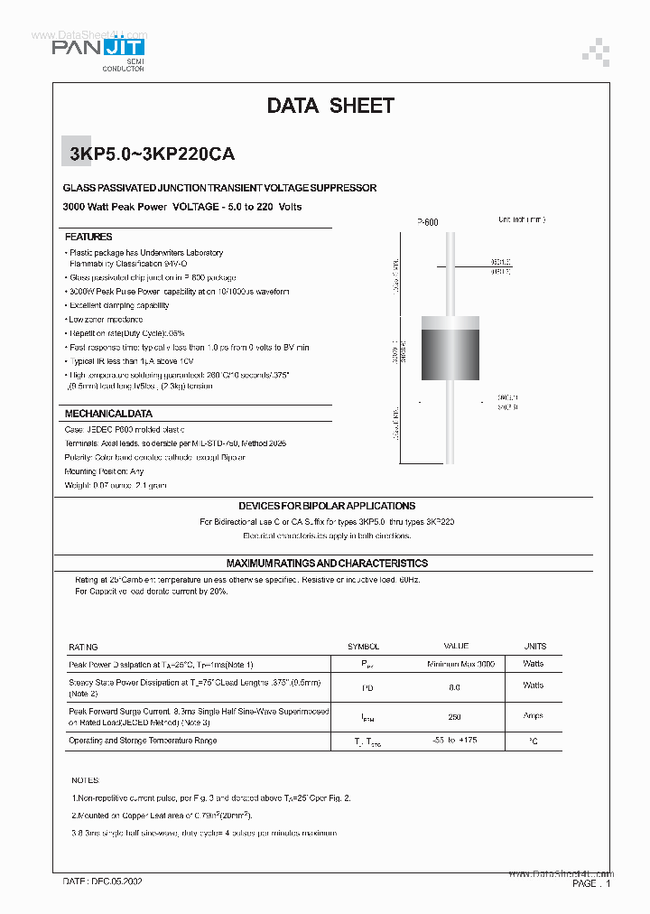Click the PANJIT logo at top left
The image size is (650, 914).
99,50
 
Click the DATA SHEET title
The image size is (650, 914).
330,106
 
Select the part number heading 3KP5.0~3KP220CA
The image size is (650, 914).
152,154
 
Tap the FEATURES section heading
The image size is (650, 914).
88,237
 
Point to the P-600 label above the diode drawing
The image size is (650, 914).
427,221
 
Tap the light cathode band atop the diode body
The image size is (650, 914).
449,324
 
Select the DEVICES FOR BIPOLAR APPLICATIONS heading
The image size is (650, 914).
327,506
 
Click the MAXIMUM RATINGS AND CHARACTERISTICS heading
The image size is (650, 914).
327,563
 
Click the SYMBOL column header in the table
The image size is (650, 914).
364,647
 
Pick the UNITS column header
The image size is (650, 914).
534,647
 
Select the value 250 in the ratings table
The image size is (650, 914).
454,716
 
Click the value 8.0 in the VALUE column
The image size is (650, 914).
454,687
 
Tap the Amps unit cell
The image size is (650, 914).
534,716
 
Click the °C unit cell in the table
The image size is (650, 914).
534,741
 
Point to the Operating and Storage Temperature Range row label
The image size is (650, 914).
143,741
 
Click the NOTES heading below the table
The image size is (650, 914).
86,780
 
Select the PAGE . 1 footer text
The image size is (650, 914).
591,884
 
